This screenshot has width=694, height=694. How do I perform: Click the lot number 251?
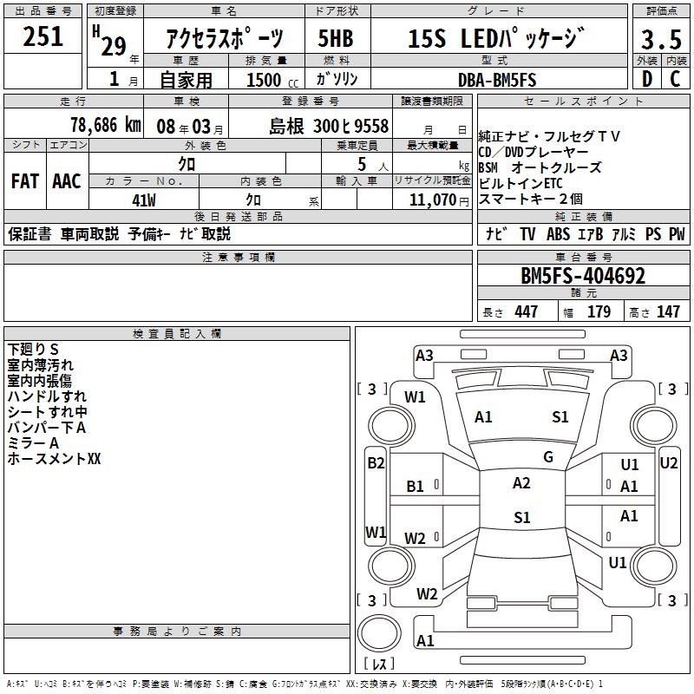(43, 37)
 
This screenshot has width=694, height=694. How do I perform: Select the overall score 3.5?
(660, 39)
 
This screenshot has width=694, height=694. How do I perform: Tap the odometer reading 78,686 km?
(105, 125)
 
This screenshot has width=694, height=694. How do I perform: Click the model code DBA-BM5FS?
(497, 79)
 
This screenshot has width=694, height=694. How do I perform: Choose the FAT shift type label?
(24, 181)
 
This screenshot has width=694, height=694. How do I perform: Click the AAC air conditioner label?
(67, 181)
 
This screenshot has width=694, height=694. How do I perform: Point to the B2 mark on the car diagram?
(375, 463)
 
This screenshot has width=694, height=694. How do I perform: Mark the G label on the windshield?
(548, 457)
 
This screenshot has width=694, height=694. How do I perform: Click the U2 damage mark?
(669, 463)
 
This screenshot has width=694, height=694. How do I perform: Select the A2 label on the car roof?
(521, 483)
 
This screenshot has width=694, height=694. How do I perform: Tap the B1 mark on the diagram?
(416, 487)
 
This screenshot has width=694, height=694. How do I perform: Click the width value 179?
(599, 312)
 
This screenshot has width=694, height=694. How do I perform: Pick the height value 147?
(668, 312)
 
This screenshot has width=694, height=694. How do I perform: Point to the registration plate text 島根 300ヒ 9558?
(329, 125)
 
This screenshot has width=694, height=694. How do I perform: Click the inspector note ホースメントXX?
(54, 459)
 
